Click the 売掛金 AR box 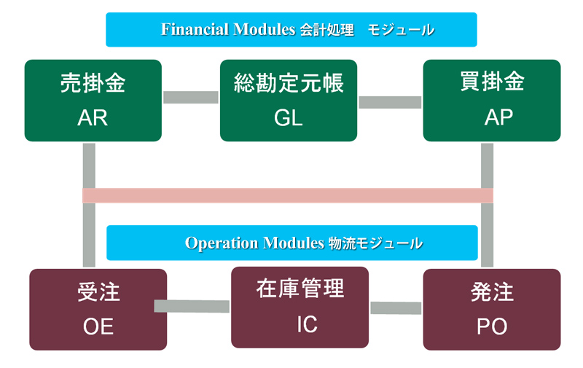[x=93, y=101]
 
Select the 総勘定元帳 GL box [x=289, y=101]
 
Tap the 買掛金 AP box [x=492, y=101]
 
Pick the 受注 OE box [x=98, y=309]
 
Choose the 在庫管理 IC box [x=300, y=307]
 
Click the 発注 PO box [x=492, y=309]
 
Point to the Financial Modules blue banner [x=291, y=30]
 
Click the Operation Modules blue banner [x=291, y=243]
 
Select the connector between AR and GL [x=191, y=98]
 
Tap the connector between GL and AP [x=390, y=102]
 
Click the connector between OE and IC [x=192, y=306]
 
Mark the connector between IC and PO [x=396, y=308]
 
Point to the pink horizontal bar [x=288, y=195]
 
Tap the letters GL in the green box [x=289, y=118]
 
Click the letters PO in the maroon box [x=492, y=326]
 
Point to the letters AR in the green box [x=93, y=118]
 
